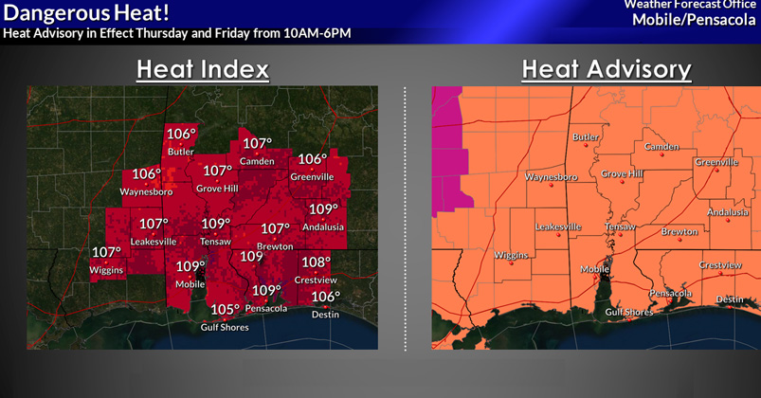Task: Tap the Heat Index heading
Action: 202,70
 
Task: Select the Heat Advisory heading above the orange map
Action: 606,70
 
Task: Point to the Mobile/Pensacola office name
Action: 697,19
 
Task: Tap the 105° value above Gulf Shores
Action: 226,310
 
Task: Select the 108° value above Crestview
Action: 316,262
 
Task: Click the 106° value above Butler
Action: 181,134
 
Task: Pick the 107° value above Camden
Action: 257,144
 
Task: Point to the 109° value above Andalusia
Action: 323,209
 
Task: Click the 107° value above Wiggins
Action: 106,253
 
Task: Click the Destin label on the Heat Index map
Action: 325,315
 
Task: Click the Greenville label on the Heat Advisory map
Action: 716,162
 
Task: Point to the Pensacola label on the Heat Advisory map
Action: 671,293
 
